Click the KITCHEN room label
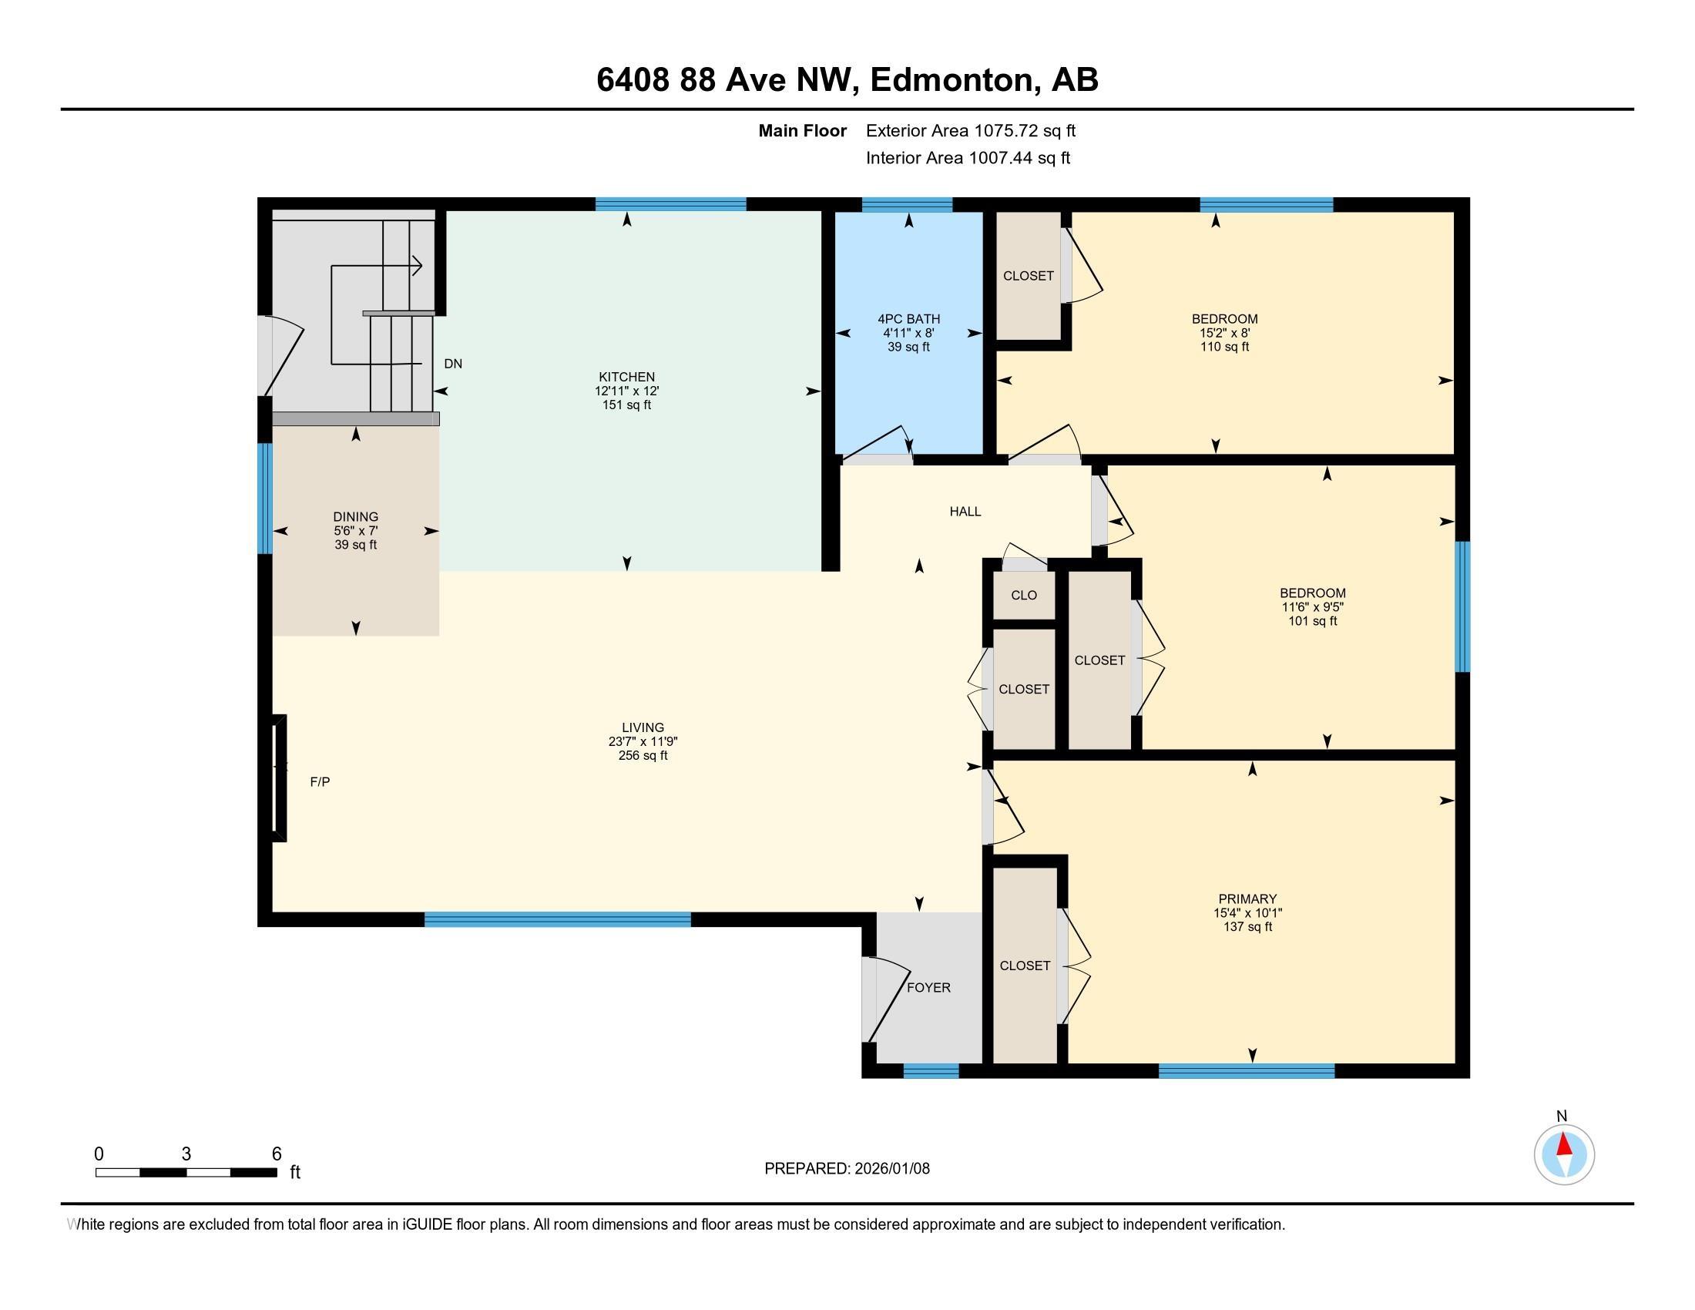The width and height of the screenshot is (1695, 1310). [x=626, y=377]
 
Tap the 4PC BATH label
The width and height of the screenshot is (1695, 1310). [x=908, y=319]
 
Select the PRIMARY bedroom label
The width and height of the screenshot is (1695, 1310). [x=1247, y=899]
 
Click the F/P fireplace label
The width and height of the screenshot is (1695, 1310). [x=320, y=781]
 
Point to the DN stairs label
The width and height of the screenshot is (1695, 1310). [x=452, y=363]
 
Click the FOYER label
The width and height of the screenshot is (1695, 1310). [x=928, y=987]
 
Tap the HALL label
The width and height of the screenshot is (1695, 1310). [x=965, y=512]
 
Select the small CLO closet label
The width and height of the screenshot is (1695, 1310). [x=1024, y=595]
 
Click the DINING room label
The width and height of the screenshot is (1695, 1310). [x=355, y=517]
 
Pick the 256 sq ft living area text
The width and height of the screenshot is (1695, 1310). [x=643, y=755]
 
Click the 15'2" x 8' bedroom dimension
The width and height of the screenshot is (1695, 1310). [x=1225, y=333]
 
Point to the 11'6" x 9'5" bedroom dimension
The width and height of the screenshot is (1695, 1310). [x=1312, y=607]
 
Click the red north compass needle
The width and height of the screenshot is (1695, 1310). [x=1564, y=1144]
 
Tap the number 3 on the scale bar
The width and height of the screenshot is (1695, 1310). [x=186, y=1154]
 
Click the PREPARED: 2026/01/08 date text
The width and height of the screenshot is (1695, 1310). [x=847, y=1168]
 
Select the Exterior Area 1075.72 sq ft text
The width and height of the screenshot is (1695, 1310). [x=970, y=131]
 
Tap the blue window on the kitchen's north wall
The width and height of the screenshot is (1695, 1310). [x=670, y=205]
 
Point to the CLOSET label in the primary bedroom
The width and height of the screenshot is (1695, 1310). [x=1025, y=966]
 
